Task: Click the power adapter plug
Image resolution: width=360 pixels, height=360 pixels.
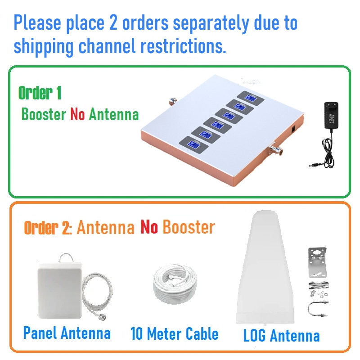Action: (x=331, y=115)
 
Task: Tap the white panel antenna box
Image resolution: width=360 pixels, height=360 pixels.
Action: (x=60, y=290)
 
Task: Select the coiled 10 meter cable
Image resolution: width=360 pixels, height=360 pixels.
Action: (x=175, y=284)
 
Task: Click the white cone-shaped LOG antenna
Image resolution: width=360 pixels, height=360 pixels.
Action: (x=265, y=267)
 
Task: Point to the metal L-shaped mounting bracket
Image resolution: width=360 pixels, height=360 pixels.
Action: (x=317, y=262)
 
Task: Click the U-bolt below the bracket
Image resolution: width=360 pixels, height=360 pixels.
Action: (x=318, y=308)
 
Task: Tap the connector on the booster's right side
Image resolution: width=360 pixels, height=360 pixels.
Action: (x=275, y=149)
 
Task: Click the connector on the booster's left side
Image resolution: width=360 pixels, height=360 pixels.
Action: (x=173, y=101)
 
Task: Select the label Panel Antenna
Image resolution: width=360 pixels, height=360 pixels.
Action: (x=67, y=333)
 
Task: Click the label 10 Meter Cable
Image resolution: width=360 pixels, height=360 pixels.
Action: (x=174, y=333)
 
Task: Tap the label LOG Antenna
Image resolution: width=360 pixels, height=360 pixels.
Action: (x=281, y=336)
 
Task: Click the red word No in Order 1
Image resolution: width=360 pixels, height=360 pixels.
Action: (x=77, y=114)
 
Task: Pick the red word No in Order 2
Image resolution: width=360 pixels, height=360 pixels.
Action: (x=149, y=227)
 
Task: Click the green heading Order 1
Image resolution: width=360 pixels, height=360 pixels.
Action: (x=40, y=93)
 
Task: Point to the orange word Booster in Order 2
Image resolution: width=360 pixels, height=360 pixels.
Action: (x=189, y=227)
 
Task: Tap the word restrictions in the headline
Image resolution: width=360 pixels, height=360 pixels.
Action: (x=183, y=46)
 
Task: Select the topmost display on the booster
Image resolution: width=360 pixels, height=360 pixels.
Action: (x=251, y=98)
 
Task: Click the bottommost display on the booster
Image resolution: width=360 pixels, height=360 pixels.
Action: (x=193, y=145)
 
